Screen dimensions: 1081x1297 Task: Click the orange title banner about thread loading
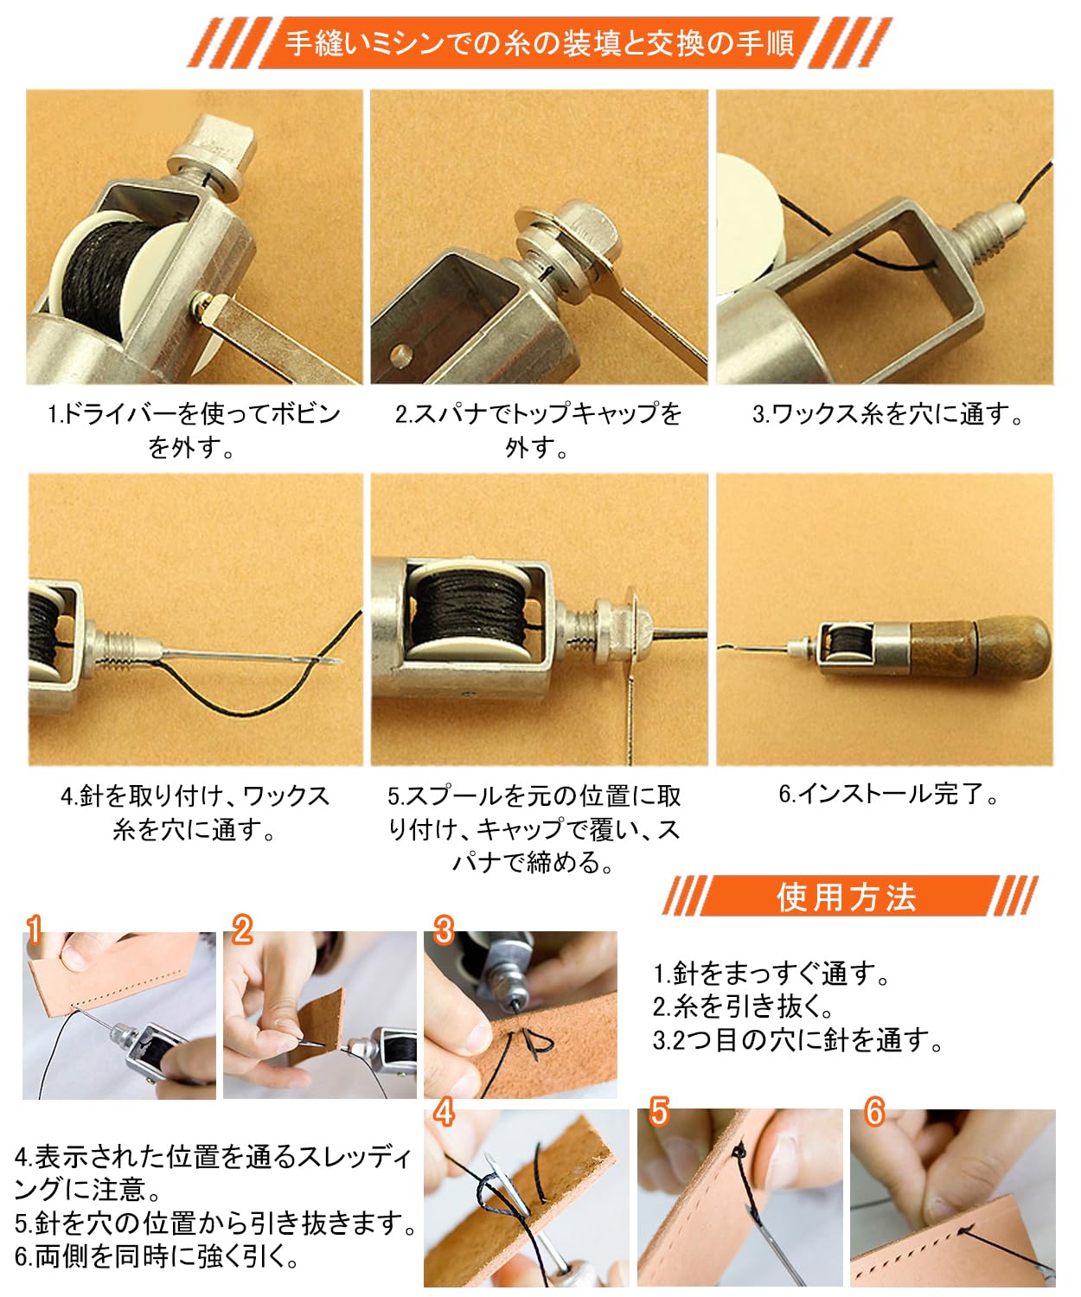click(x=540, y=43)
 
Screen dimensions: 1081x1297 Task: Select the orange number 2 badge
click(x=241, y=930)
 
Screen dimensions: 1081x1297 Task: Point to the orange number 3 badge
click(x=443, y=930)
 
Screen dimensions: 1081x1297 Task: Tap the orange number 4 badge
click(x=444, y=1111)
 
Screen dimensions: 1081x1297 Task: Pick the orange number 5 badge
click(x=659, y=1111)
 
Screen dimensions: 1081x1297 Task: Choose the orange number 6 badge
click(x=874, y=1111)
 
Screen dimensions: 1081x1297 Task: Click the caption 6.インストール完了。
click(x=888, y=793)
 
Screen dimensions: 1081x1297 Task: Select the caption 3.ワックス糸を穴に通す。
click(x=887, y=413)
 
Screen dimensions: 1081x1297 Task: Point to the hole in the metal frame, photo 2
click(x=400, y=355)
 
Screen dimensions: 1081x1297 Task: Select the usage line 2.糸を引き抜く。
click(x=742, y=1006)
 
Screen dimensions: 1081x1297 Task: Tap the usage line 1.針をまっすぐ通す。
click(x=771, y=973)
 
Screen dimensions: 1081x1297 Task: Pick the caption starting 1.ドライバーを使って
click(x=194, y=430)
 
